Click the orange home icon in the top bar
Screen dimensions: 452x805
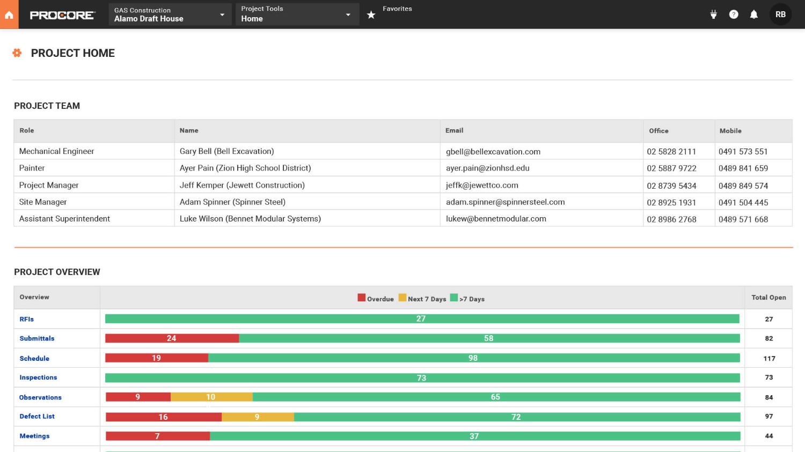9,14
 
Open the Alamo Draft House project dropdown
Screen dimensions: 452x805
170,14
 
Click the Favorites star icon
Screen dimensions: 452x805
371,15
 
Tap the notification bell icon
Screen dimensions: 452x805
753,14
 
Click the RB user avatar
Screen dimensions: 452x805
780,14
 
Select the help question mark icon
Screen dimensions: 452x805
734,14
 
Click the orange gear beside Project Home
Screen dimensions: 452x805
17,53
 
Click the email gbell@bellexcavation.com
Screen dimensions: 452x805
493,152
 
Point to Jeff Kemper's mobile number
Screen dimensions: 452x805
743,186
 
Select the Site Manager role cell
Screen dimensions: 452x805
43,202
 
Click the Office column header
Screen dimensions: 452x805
658,131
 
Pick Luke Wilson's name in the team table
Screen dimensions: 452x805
250,219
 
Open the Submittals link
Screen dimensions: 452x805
37,338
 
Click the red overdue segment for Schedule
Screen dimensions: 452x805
156,358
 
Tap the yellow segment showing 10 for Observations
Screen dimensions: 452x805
211,397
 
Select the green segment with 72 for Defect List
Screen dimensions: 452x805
516,417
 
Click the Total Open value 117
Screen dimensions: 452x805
769,359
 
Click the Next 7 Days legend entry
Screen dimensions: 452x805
422,299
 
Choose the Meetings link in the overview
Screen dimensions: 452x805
34,436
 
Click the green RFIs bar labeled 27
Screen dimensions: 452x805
421,319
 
